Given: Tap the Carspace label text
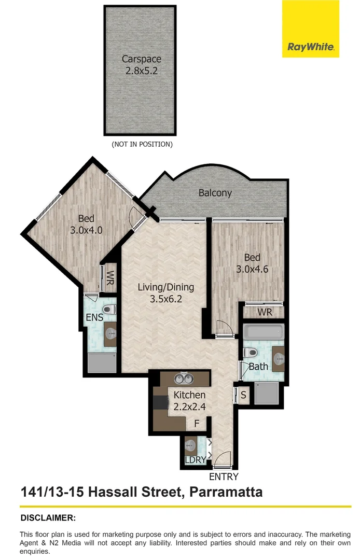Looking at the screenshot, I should [142, 59].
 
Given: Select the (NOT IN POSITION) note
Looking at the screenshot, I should [142, 144].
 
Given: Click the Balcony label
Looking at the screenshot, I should [215, 193].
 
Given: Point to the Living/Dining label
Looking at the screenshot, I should [165, 287].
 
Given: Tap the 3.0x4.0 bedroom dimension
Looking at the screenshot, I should [86, 230].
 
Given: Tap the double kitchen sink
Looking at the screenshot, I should [183, 379].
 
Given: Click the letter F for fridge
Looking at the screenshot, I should [197, 424].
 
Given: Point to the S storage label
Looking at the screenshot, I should [244, 396].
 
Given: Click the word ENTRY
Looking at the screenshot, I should [224, 477].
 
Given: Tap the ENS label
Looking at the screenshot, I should [94, 317].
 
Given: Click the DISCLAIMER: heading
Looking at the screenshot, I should [48, 517].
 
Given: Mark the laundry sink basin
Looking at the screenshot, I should [191, 445].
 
